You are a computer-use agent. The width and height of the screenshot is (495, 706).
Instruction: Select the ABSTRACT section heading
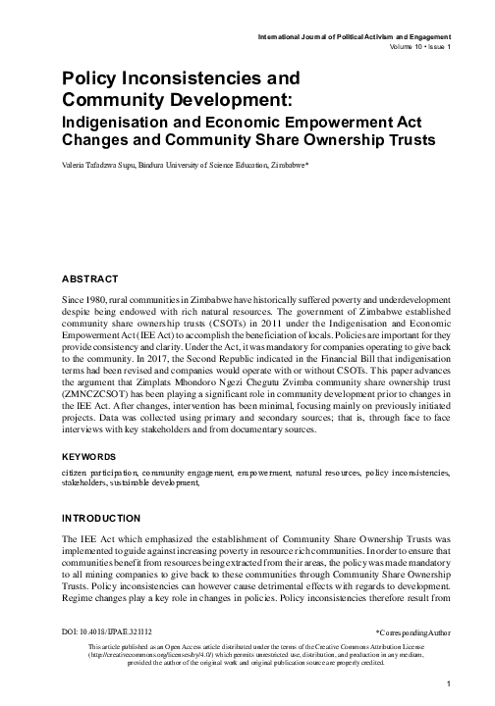click(x=92, y=278)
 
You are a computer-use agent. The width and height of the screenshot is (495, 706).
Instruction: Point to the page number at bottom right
click(x=447, y=683)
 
